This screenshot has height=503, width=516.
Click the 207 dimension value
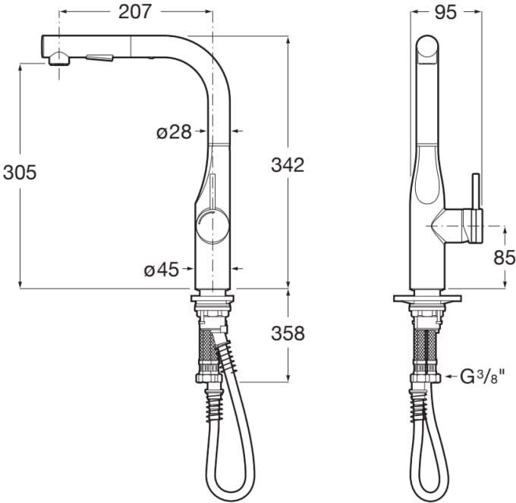pyautogui.click(x=135, y=12)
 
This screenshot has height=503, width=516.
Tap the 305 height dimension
pyautogui.click(x=20, y=173)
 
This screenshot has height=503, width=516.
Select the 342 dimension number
pyautogui.click(x=288, y=165)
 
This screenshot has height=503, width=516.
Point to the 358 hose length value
pyautogui.click(x=288, y=333)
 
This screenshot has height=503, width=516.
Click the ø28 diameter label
pyautogui.click(x=174, y=133)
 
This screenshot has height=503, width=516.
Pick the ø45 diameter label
pyautogui.click(x=162, y=270)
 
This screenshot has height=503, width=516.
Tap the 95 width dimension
pyautogui.click(x=446, y=12)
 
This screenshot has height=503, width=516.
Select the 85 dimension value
pyautogui.click(x=504, y=258)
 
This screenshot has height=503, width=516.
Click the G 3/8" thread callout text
pyautogui.click(x=481, y=376)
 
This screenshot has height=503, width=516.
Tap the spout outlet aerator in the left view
pyautogui.click(x=59, y=59)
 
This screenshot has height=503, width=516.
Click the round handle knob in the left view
pyautogui.click(x=212, y=227)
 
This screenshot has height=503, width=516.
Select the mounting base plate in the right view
pyautogui.click(x=427, y=298)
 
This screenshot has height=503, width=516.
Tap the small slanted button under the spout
pyautogui.click(x=99, y=58)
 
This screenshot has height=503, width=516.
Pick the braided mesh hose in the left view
pyautogui.click(x=208, y=347)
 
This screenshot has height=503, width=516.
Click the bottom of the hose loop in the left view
pyautogui.click(x=231, y=495)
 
